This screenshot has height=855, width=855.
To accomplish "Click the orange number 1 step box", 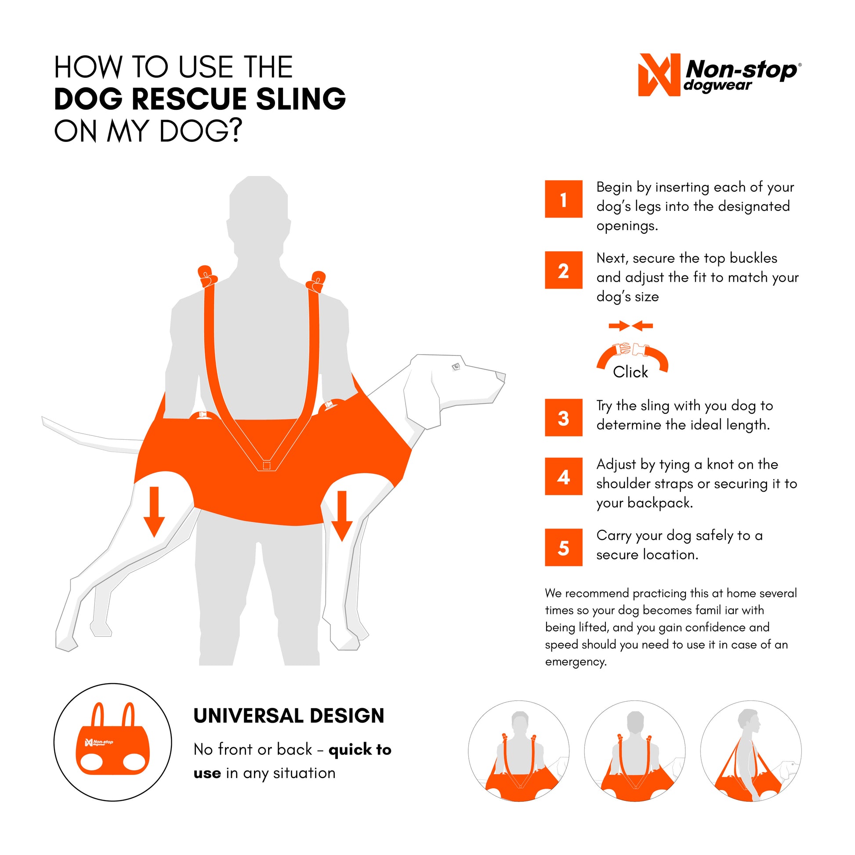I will click(x=563, y=199).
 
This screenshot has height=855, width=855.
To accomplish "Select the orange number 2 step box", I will click(x=563, y=270).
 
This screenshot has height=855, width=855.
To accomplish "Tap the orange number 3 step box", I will click(x=563, y=417).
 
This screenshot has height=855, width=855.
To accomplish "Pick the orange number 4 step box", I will click(x=563, y=476).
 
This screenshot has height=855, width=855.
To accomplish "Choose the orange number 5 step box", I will click(x=563, y=547).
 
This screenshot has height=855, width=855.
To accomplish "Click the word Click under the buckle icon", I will click(x=630, y=372).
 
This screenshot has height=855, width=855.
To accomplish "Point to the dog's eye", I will click(x=456, y=366).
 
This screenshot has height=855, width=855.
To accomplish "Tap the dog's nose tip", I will click(x=501, y=377).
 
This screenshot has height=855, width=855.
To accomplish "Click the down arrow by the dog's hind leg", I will click(x=154, y=511).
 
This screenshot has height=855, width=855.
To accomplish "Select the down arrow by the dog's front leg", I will click(x=342, y=515).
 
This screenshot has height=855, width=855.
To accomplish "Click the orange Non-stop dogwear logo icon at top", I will click(x=659, y=75).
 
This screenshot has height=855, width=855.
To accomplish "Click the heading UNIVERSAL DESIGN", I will click(x=289, y=716).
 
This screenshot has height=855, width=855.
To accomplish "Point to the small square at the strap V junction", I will click(x=266, y=466).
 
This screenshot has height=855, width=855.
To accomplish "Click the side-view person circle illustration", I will click(x=750, y=751).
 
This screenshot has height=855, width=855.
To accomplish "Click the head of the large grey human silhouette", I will click(x=259, y=199).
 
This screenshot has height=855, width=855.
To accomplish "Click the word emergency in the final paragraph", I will click(x=575, y=662).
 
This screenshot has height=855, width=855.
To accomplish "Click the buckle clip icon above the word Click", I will click(x=631, y=350).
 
